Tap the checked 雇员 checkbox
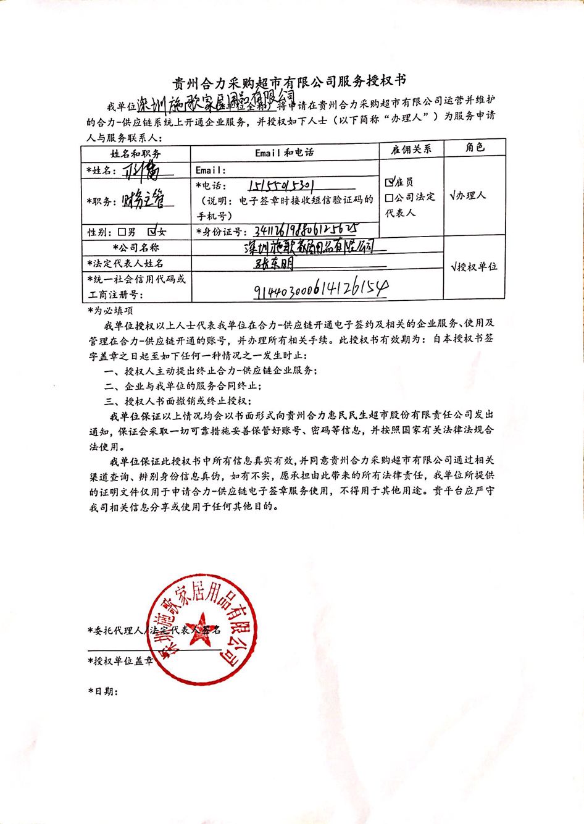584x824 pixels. point(390,182)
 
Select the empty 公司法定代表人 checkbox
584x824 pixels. point(390,198)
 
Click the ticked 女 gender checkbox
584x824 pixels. point(152,232)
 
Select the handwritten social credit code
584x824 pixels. point(320,288)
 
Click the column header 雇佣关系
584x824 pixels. point(411,149)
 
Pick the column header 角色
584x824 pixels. point(475,147)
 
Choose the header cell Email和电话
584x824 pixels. point(284,152)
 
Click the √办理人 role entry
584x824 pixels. point(469,195)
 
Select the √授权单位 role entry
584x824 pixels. point(474,267)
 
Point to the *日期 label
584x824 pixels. point(102,691)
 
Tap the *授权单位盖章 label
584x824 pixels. point(121,661)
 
